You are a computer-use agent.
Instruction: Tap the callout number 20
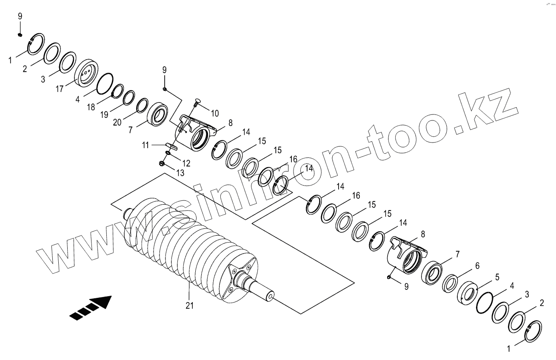(x=118, y=123)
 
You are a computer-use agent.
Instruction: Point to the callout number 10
(x=215, y=113)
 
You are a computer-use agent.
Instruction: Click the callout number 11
(x=146, y=146)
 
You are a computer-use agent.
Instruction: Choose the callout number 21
(x=190, y=305)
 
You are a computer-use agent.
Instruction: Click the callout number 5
(x=496, y=277)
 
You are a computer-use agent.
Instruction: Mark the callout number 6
(x=477, y=266)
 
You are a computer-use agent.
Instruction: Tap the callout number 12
(x=186, y=163)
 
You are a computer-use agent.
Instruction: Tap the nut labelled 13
(x=162, y=163)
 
